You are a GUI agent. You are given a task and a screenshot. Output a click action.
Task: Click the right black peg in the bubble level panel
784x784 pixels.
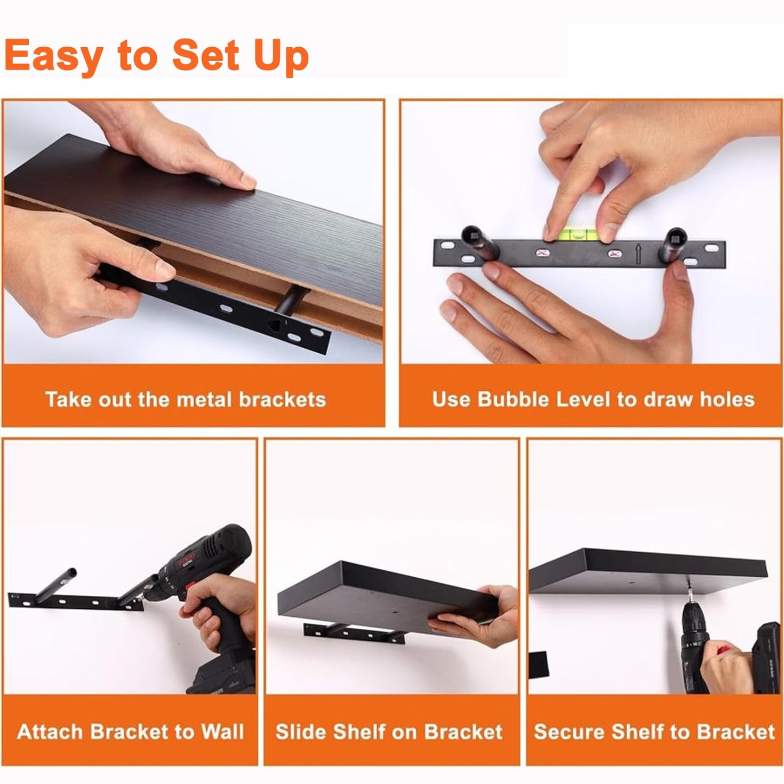(x=673, y=244)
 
